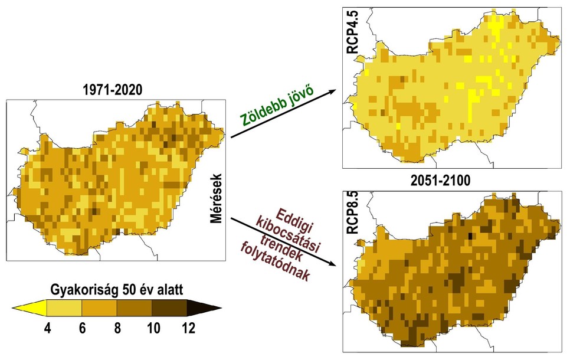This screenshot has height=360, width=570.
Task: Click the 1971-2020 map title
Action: pos(114,91)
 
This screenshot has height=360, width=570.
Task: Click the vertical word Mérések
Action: pos(215,198)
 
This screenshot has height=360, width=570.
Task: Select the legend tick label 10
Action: pos(153,328)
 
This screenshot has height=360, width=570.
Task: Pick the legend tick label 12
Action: pos(188,328)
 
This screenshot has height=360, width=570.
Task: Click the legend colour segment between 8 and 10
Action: pos(135,307)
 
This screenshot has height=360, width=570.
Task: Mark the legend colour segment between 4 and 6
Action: pos(63,307)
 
